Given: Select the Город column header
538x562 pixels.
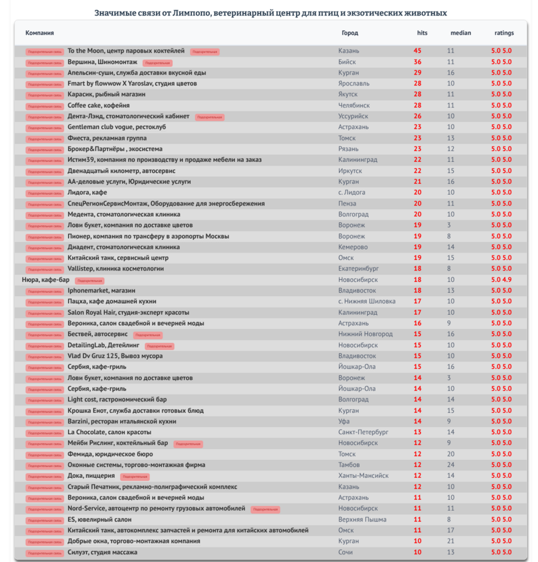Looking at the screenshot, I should (x=350, y=33).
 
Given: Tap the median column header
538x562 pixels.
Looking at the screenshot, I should (x=460, y=33).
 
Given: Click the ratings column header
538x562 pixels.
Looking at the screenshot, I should (x=504, y=33).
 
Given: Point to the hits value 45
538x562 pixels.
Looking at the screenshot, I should (x=417, y=51).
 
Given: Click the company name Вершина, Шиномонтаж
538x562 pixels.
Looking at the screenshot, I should (x=102, y=62).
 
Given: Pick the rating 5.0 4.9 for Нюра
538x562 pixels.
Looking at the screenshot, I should (x=502, y=280).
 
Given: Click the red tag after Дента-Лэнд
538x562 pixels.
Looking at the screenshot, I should (x=209, y=117).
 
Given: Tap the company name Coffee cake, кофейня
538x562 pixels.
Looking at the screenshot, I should (x=98, y=106).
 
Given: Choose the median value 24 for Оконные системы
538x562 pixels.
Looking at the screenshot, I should (x=451, y=465).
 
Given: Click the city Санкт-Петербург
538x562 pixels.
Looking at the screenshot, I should (x=363, y=432).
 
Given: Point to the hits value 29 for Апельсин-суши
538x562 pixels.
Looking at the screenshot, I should (x=417, y=73).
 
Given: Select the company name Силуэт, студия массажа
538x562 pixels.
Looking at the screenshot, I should (x=102, y=552).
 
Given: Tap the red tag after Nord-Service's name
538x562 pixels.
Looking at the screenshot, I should (x=265, y=509).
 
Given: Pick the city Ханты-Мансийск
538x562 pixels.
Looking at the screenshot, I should (x=363, y=476).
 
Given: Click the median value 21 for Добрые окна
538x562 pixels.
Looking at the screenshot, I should (x=451, y=541).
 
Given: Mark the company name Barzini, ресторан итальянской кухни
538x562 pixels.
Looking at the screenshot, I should (x=122, y=421).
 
